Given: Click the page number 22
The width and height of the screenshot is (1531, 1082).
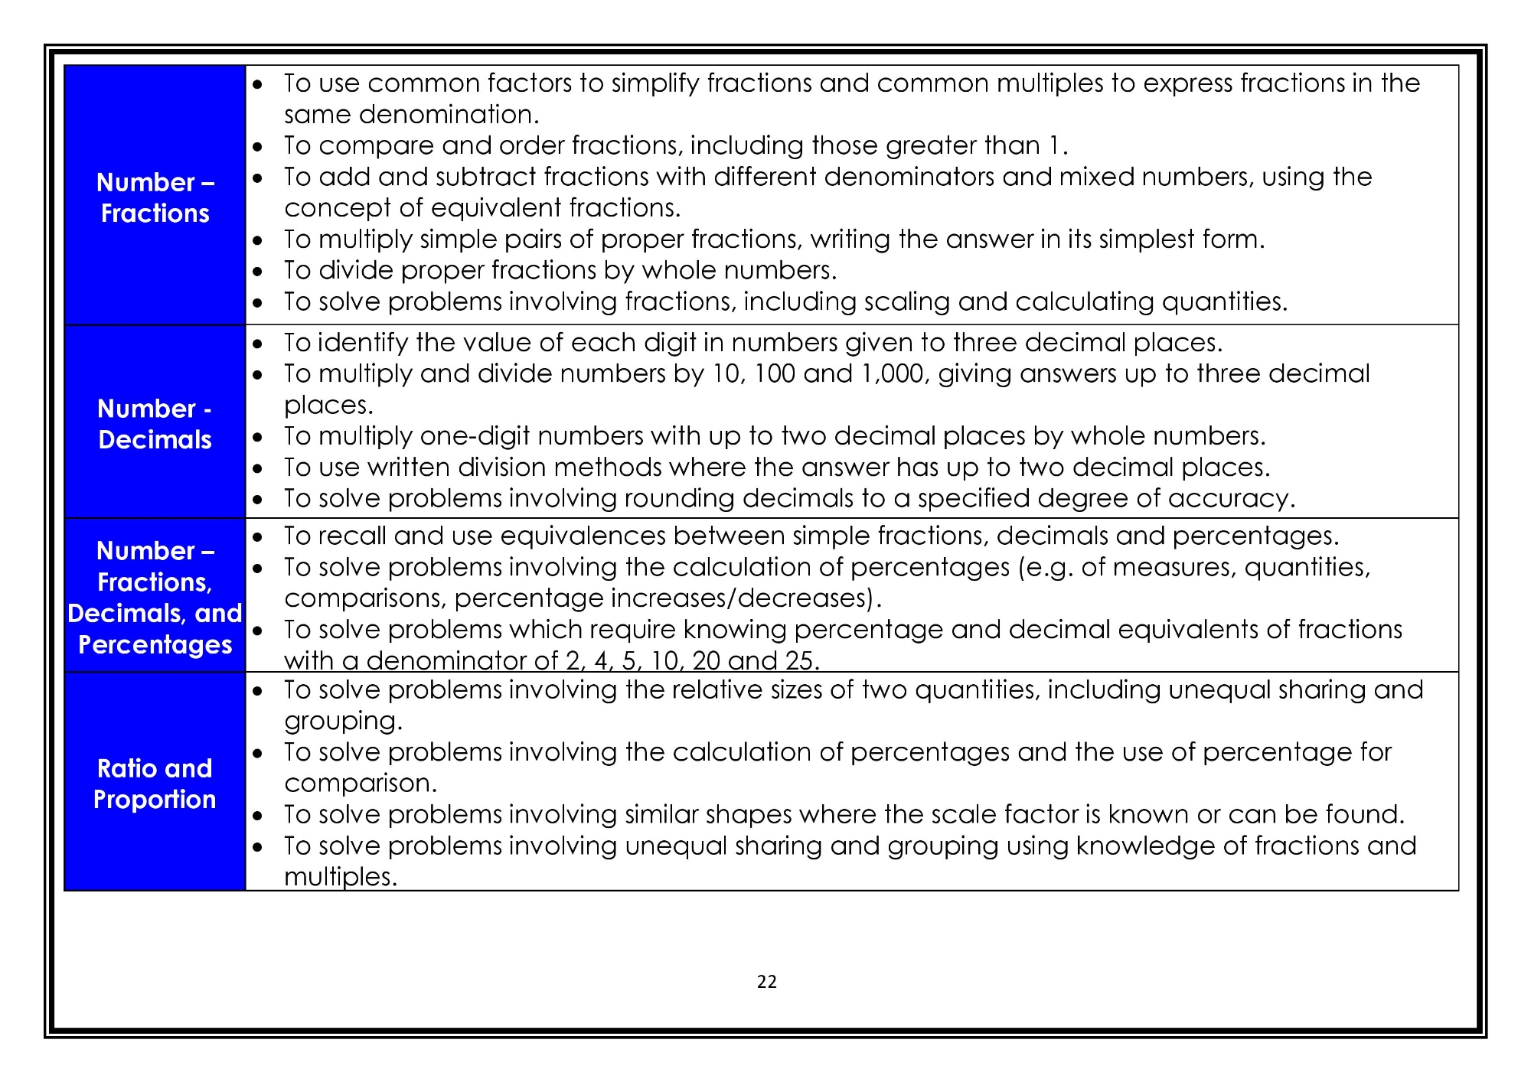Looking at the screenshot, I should point(766,982).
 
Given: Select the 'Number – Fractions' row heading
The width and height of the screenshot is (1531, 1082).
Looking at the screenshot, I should point(155,197).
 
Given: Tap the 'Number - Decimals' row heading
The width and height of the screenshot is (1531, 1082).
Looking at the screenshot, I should point(155,424).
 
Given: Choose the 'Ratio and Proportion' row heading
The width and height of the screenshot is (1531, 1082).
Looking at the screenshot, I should point(155,784).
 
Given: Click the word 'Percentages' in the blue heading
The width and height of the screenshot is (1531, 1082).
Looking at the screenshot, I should point(155,645).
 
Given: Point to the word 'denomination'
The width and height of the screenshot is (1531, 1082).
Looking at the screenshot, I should point(449,115).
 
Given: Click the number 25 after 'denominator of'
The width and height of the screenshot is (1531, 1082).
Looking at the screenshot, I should point(801,660).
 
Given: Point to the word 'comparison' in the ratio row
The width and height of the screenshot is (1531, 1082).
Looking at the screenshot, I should point(360,784).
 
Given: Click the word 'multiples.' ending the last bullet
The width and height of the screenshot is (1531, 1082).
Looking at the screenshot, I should point(341,877).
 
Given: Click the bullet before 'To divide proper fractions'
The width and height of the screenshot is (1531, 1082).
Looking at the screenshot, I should point(258,271).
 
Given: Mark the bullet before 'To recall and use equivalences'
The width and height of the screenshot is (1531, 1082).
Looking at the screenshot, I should point(258,537).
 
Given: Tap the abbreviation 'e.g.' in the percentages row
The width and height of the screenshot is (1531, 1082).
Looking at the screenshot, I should point(1049,567).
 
